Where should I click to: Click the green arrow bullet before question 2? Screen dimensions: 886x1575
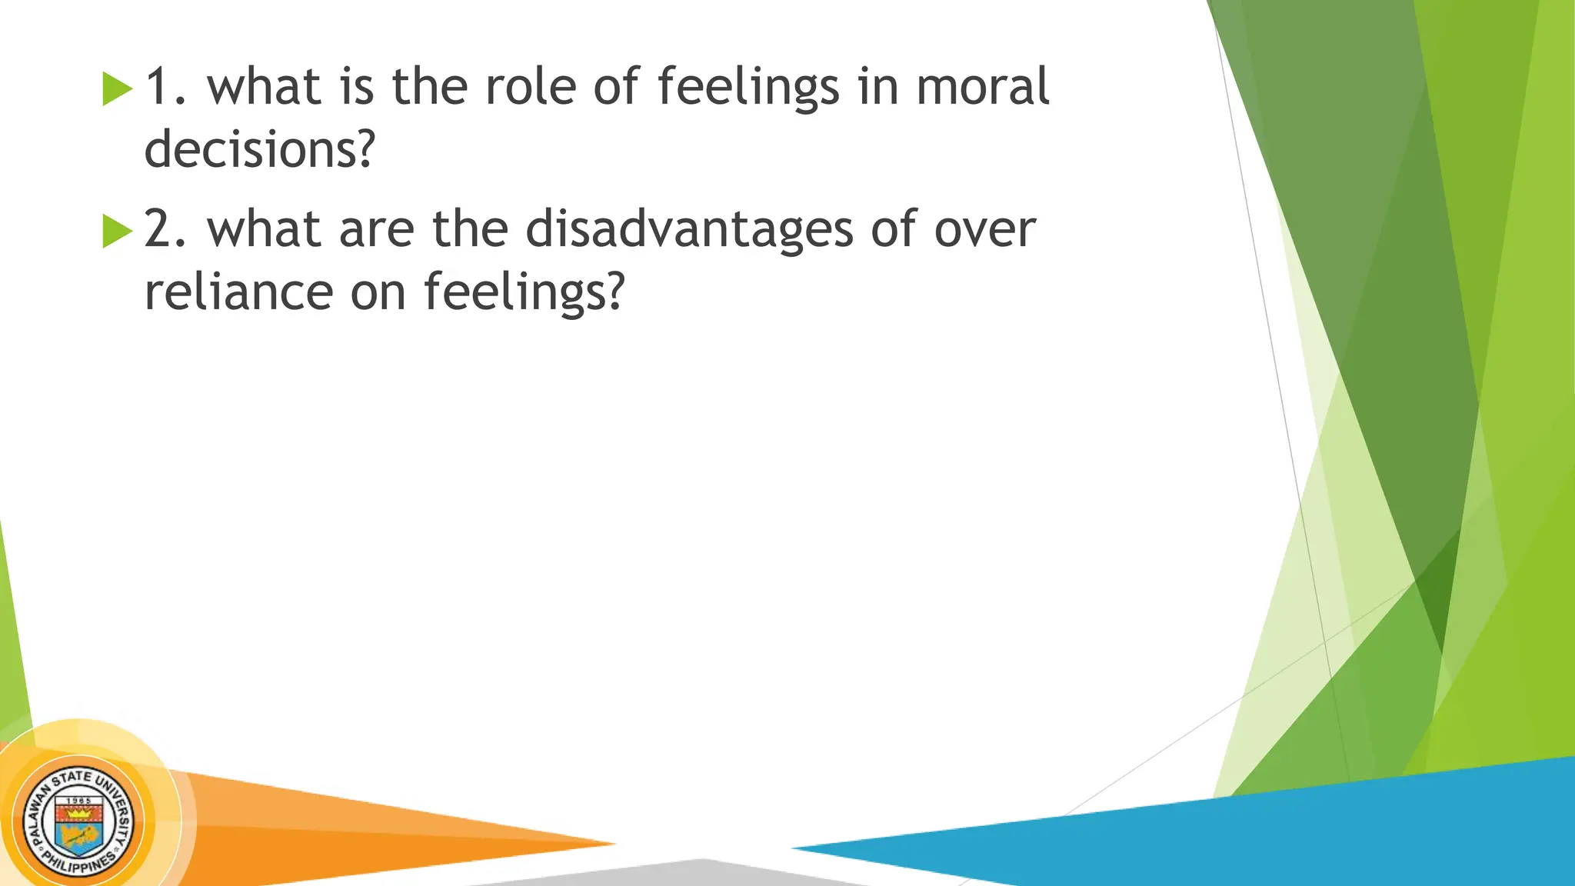pyautogui.click(x=117, y=231)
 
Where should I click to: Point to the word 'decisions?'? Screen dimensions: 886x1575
pyautogui.click(x=259, y=148)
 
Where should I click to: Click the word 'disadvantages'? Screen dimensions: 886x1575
pyautogui.click(x=689, y=230)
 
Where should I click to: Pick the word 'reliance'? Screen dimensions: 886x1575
pyautogui.click(x=238, y=292)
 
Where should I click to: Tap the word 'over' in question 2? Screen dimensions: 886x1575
pyautogui.click(x=984, y=230)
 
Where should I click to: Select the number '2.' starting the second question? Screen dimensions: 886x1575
pyautogui.click(x=165, y=230)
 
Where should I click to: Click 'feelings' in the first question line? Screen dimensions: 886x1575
pyautogui.click(x=748, y=87)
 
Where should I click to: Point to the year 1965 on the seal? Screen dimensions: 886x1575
pyautogui.click(x=78, y=801)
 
